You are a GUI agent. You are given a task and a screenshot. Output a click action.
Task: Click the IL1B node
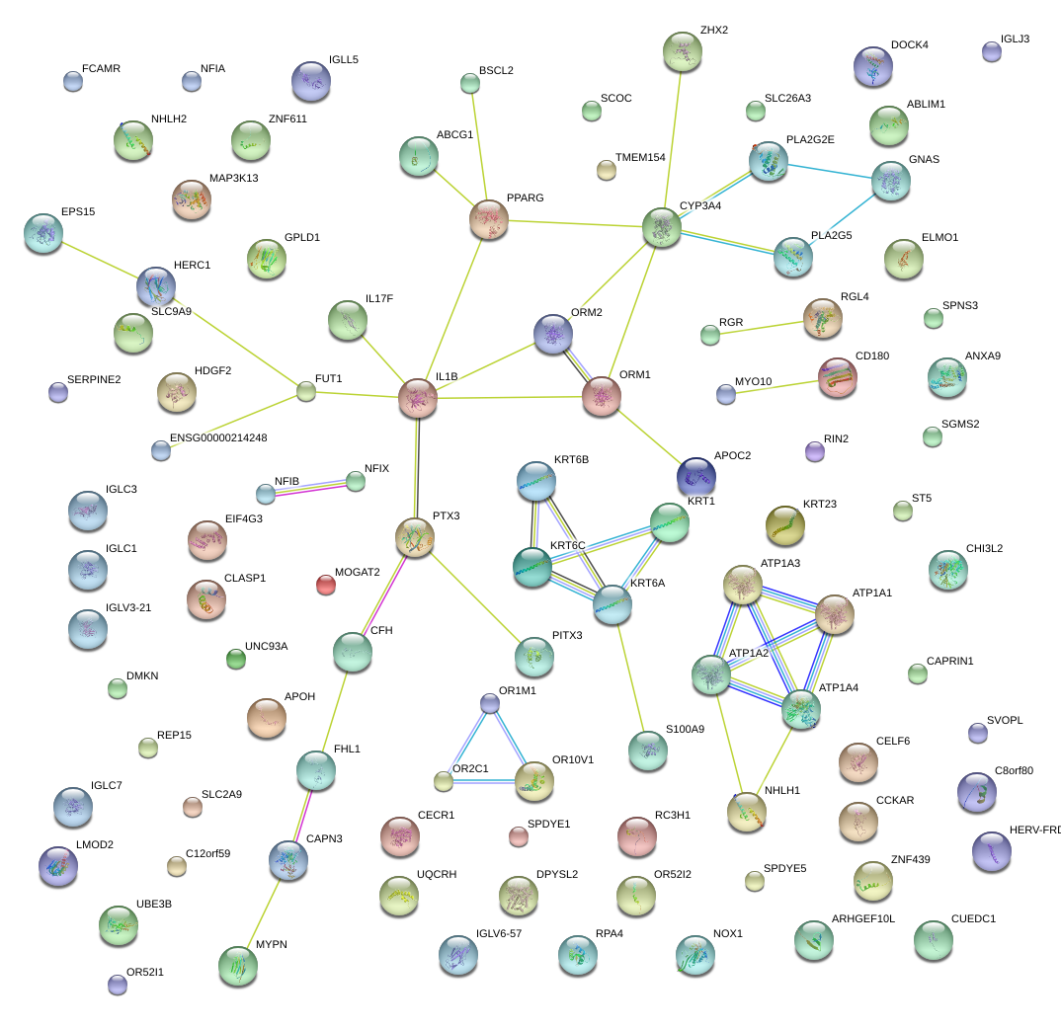click(418, 398)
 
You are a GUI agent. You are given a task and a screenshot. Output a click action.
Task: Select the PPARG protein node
click(489, 219)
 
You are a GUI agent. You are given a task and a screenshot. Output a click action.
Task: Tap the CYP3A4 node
click(661, 226)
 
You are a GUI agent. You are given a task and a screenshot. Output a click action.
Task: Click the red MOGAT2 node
click(325, 585)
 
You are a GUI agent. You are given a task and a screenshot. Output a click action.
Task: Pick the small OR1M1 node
click(490, 702)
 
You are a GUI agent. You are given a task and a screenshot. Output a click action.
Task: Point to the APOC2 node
click(695, 475)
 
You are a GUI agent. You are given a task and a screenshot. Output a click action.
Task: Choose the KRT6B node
click(536, 480)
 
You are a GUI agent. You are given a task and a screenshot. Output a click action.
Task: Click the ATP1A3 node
click(741, 585)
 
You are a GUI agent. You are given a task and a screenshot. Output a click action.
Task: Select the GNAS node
click(891, 181)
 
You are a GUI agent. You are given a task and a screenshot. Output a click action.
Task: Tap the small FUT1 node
click(306, 392)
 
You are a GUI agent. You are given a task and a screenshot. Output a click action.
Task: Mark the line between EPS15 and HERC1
click(100, 259)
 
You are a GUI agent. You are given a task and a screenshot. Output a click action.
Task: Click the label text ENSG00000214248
click(218, 437)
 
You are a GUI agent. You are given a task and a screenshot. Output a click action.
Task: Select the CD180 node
click(838, 376)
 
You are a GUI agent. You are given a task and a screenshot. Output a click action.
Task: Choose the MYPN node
click(237, 965)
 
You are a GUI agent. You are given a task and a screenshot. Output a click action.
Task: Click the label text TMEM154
click(640, 158)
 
